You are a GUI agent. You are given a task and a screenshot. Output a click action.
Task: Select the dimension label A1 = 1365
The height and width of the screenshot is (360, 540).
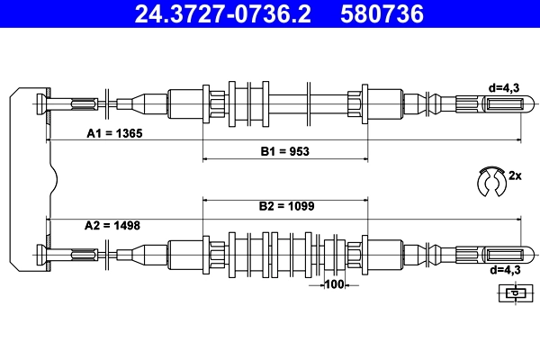114,132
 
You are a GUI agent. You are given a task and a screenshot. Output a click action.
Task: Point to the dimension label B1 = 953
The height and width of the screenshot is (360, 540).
285,151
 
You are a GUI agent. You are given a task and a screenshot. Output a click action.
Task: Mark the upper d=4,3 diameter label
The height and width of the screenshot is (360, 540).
504,86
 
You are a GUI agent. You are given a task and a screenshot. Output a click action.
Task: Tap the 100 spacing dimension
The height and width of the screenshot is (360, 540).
334,285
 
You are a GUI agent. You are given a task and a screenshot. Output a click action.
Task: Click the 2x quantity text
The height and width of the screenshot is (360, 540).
515,175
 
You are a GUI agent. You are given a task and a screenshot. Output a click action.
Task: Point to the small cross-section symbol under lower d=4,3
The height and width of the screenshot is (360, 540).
513,292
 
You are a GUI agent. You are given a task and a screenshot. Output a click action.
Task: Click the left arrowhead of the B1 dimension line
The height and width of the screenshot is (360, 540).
206,158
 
